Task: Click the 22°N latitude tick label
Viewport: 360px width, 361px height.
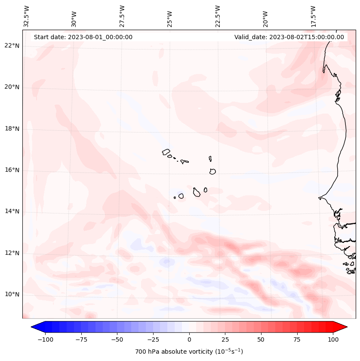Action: [x=12, y=46]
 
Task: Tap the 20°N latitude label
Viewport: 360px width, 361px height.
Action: [x=12, y=87]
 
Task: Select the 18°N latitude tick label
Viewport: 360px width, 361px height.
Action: [x=12, y=129]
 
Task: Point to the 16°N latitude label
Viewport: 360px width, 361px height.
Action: [x=12, y=170]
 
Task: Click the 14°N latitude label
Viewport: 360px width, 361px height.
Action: [x=12, y=212]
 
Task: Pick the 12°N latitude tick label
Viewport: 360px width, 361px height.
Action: [x=12, y=253]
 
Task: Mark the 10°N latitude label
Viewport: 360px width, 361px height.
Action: [x=12, y=294]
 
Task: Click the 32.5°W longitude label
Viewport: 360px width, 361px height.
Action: [x=27, y=16]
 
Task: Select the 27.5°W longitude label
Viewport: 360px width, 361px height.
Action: [x=122, y=16]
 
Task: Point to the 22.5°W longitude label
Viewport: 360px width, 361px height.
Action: [x=218, y=16]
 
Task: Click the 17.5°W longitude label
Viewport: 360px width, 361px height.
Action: [x=314, y=16]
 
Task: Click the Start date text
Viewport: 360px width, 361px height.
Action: [x=83, y=37]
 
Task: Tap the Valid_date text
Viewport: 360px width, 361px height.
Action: [x=289, y=37]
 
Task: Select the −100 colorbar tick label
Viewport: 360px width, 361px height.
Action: [x=45, y=340]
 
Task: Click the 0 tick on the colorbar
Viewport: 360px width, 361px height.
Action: [x=189, y=340]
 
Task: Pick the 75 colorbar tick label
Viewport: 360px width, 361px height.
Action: [x=297, y=340]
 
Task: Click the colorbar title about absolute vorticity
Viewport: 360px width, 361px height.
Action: [x=189, y=352]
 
